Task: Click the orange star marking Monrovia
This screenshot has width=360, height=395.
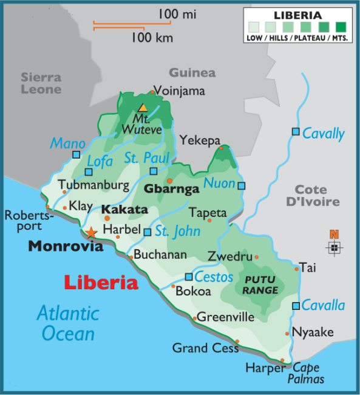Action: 91,232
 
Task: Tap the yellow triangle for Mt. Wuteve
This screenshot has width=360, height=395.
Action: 142,108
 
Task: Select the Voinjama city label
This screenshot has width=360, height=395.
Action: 179,91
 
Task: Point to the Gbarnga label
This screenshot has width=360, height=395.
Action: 171,189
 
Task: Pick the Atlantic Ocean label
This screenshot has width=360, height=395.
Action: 68,323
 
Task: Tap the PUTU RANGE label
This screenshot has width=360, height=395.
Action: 260,285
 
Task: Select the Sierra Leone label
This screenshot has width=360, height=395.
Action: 41,83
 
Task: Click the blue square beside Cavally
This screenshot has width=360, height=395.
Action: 295,131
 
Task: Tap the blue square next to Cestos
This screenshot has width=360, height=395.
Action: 188,277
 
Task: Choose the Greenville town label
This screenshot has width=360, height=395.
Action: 225,317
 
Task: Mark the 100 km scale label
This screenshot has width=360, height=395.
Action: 152,38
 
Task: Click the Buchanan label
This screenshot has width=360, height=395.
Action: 160,255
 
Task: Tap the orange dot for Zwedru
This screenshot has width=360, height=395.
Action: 257,257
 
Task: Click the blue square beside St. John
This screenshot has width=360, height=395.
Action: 147,232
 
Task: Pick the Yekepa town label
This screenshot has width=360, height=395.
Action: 199,140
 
